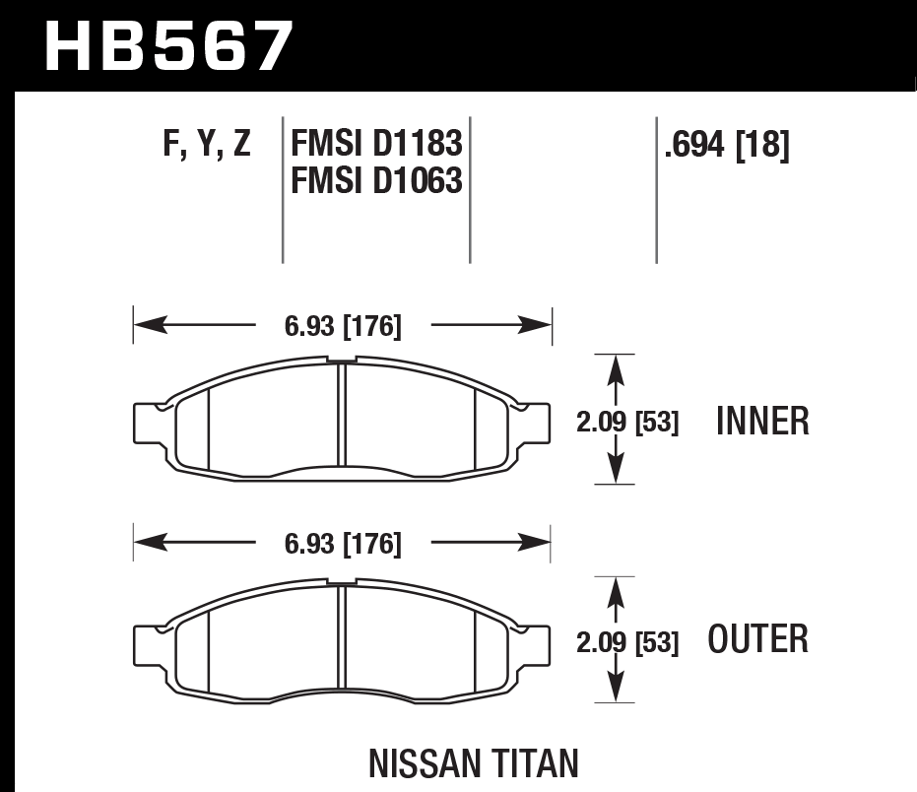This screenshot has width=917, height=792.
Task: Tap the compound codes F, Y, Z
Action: (207, 146)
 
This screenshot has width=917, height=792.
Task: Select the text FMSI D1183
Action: (376, 146)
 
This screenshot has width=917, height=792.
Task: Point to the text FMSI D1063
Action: (376, 180)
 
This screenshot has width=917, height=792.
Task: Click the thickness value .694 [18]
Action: (727, 146)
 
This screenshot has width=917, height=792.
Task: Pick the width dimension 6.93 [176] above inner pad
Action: (344, 326)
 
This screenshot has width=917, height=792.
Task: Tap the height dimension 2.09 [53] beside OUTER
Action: (627, 643)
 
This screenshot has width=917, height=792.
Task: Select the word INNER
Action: (763, 422)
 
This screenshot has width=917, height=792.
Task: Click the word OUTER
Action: (758, 639)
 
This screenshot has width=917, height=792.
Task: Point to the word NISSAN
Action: (424, 763)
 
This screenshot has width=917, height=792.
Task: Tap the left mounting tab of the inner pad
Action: (147, 421)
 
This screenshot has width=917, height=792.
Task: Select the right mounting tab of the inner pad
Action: (536, 421)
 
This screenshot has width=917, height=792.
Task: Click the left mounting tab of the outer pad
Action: (147, 643)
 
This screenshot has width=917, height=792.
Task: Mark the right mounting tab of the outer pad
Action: (536, 643)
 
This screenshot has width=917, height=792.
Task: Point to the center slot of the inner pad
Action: (340, 419)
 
